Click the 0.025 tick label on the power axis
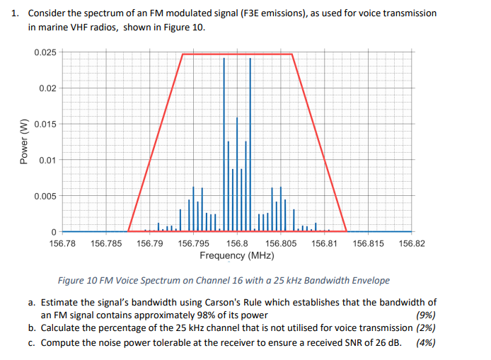click(x=45, y=53)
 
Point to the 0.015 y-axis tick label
click(x=45, y=124)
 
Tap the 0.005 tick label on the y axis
click(x=45, y=196)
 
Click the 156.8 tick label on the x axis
click(x=237, y=243)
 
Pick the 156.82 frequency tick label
click(x=412, y=243)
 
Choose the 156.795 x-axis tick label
click(x=193, y=243)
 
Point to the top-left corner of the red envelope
click(x=183, y=54)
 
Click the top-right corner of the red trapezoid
click(x=292, y=54)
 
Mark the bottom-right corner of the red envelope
click(x=347, y=231)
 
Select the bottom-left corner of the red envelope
click(x=128, y=231)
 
